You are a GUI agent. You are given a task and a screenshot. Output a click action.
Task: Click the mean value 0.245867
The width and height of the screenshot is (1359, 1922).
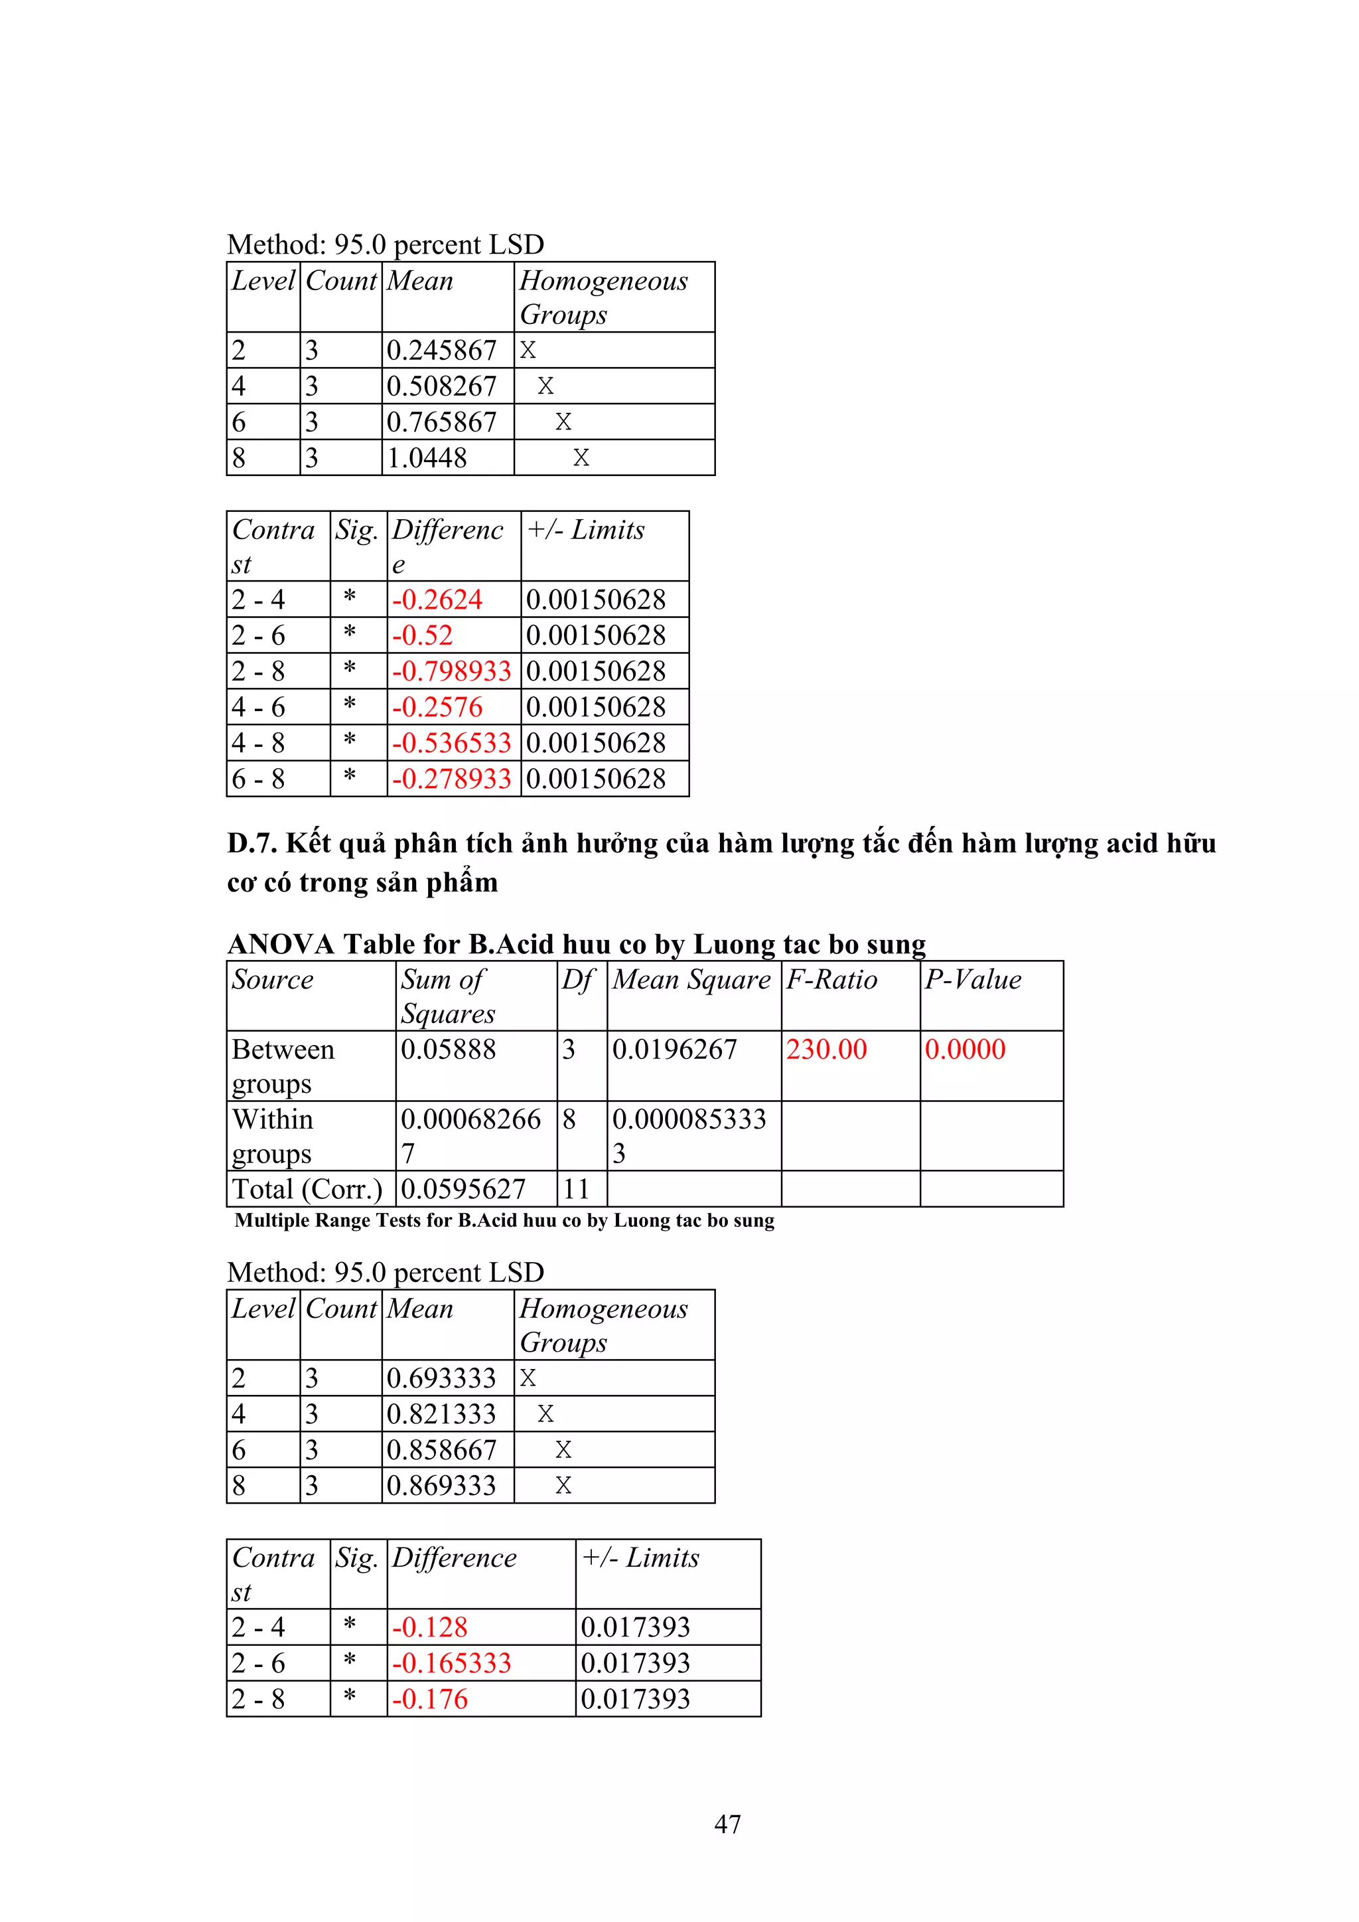coord(441,350)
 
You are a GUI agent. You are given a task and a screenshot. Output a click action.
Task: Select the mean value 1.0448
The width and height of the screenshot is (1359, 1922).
coord(427,458)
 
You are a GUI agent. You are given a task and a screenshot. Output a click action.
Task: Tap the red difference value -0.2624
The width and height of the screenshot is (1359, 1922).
coord(437,600)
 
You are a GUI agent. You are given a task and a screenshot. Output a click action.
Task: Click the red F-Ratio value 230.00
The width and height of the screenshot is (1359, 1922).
coord(826,1049)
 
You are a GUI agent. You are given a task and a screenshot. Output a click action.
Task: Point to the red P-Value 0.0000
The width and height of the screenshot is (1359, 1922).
coord(965,1049)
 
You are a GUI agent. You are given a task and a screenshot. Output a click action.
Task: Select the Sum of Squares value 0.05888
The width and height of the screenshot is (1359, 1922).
coord(448,1049)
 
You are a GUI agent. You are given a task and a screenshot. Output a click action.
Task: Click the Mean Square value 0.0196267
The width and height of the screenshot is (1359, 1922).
coord(674,1049)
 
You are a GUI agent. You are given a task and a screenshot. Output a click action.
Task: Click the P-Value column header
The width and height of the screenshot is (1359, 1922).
coord(972,979)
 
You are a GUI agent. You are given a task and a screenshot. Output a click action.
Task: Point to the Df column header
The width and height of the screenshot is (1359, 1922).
coord(577,979)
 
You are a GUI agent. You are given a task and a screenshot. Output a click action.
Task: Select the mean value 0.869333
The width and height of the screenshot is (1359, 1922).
coord(441,1485)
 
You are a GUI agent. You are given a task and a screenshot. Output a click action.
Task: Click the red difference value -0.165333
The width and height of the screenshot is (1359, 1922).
coord(451,1662)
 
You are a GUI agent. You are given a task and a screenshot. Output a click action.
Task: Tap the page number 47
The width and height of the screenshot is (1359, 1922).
coord(727,1824)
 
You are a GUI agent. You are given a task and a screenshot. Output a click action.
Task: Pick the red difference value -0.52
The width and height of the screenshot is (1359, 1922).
coord(423,635)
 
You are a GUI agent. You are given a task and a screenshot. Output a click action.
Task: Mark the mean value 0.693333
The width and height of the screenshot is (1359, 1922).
coord(441,1378)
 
